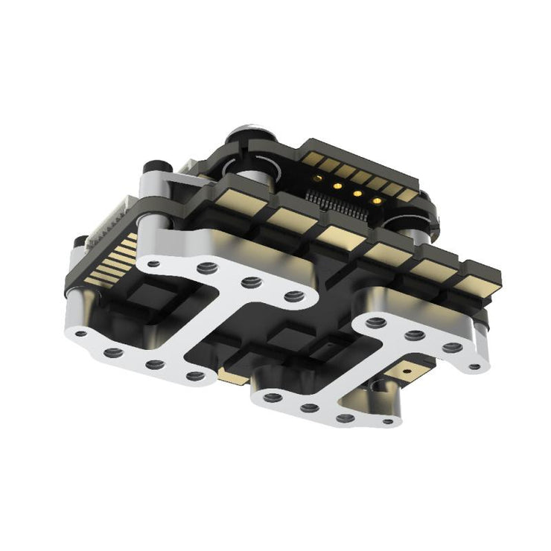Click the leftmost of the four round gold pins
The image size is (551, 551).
click(319, 177)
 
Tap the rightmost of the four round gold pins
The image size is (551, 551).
click(377, 200)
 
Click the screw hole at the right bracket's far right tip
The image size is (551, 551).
click(475, 366)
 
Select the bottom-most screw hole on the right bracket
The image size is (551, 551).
click(388, 422)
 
